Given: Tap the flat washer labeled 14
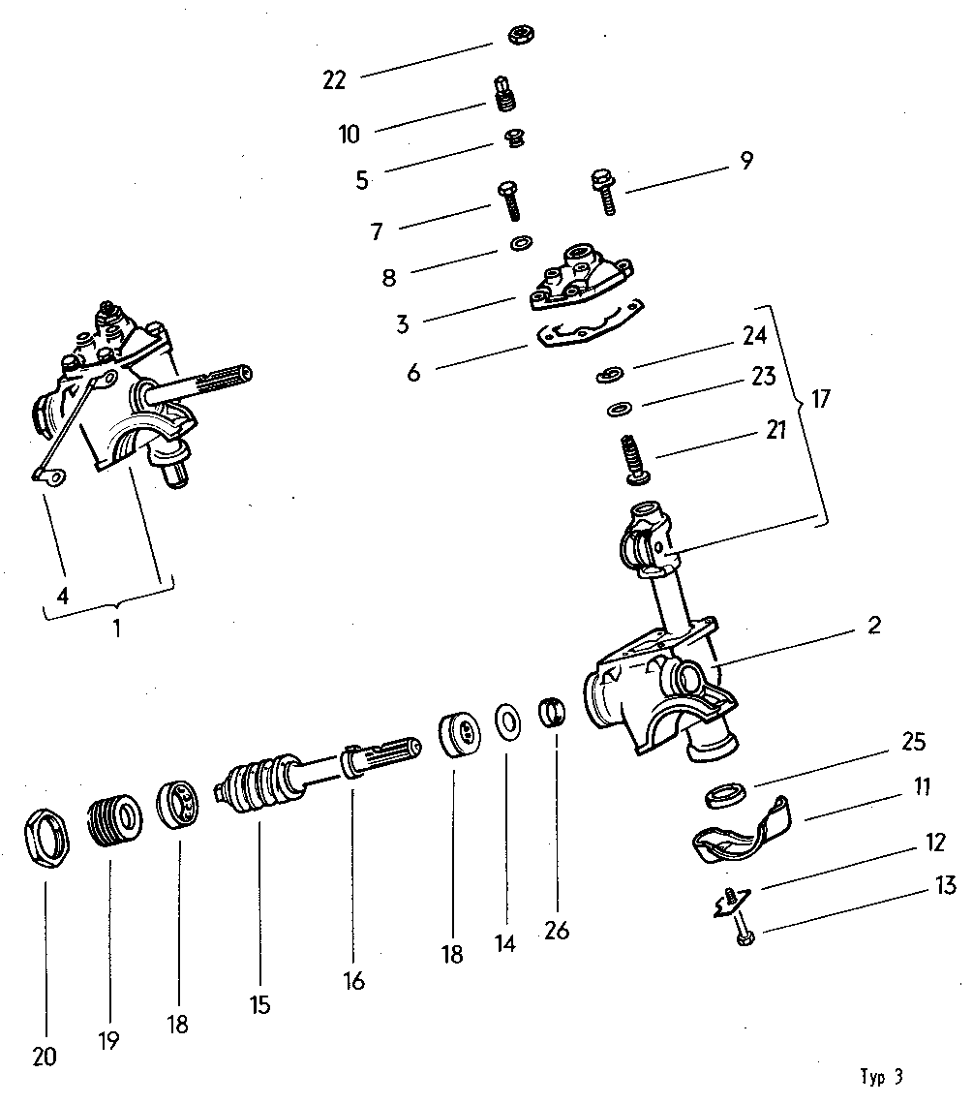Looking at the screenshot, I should point(506,721).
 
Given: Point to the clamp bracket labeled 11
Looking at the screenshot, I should point(741,832).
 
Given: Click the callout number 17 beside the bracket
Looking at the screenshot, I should point(821,399).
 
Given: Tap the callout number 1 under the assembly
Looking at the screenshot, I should point(116,628).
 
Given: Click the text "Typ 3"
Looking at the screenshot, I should point(881,1077).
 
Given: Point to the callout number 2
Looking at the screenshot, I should point(873,626).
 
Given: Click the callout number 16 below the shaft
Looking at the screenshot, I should point(353,981).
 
